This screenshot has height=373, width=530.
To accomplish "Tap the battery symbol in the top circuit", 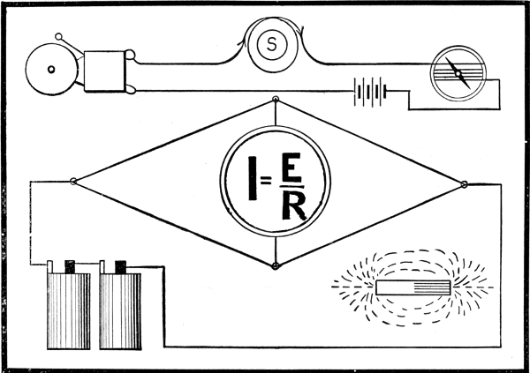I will pyautogui.click(x=371, y=91).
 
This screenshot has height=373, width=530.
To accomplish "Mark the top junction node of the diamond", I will pyautogui.click(x=275, y=100).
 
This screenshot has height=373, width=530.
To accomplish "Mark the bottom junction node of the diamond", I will pyautogui.click(x=275, y=265).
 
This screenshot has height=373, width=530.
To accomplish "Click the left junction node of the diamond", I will pyautogui.click(x=73, y=182).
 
